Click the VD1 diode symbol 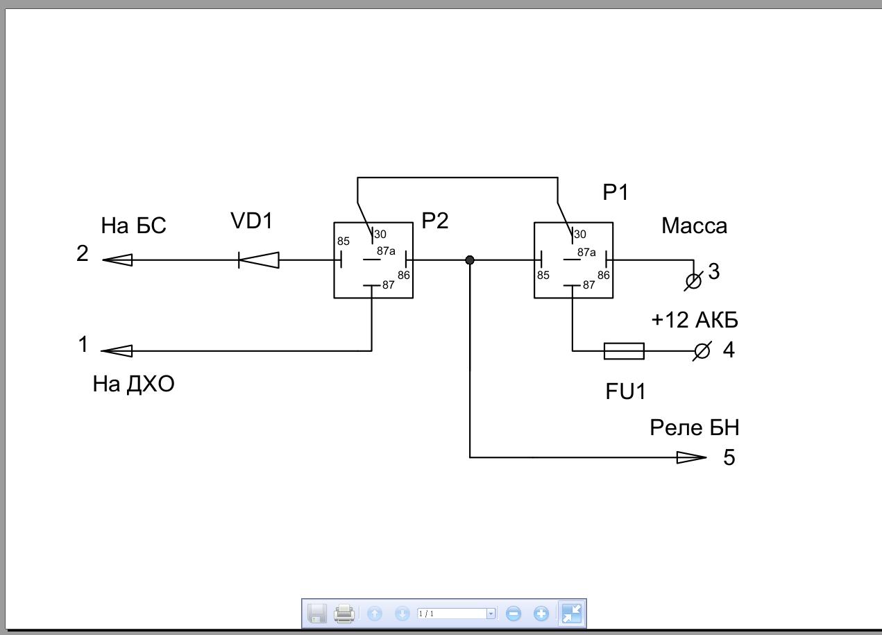click(259, 260)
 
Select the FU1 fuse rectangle click(624, 351)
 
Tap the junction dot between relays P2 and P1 click(470, 260)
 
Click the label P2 click(435, 221)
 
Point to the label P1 click(616, 192)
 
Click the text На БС click(134, 226)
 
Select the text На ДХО click(133, 384)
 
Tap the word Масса click(694, 226)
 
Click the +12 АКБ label click(694, 320)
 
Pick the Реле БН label click(694, 427)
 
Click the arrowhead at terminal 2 click(117, 260)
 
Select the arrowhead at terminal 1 click(117, 351)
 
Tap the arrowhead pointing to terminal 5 click(691, 457)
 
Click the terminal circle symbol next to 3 click(693, 282)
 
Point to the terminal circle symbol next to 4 click(702, 351)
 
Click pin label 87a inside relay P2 click(386, 251)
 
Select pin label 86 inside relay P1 click(603, 275)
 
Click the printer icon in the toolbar click(344, 613)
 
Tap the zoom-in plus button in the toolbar click(541, 613)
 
